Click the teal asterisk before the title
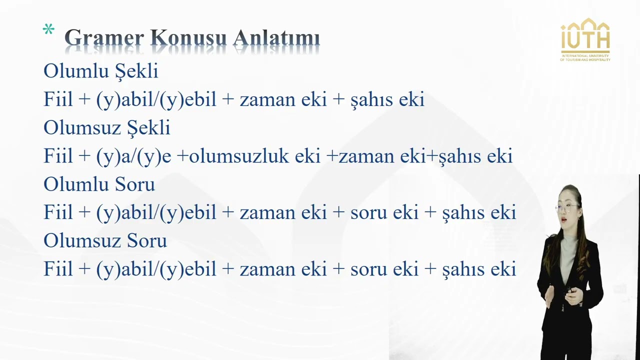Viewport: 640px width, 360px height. point(48,30)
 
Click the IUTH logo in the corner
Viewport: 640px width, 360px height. point(585,39)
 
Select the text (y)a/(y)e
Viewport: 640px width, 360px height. point(133,156)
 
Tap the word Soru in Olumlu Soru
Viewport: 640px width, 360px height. point(134,184)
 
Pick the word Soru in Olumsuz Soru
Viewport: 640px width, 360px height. point(146,241)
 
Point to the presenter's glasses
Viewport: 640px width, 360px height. point(567,205)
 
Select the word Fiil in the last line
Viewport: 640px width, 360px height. point(58,269)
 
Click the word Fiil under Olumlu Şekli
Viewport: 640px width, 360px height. point(58,99)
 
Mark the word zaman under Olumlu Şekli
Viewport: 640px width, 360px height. point(267,99)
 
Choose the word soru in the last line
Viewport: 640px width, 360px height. point(369,269)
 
